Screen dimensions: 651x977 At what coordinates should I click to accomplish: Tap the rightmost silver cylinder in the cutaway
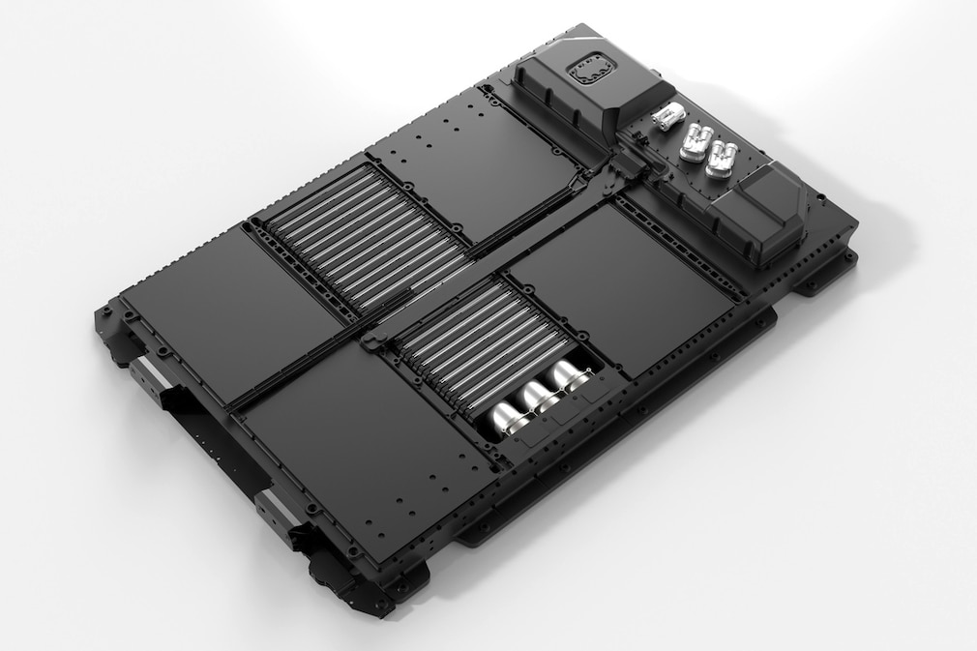569,375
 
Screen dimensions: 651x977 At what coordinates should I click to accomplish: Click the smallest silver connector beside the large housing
666,119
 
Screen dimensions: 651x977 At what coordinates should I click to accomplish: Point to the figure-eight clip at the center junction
373,340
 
